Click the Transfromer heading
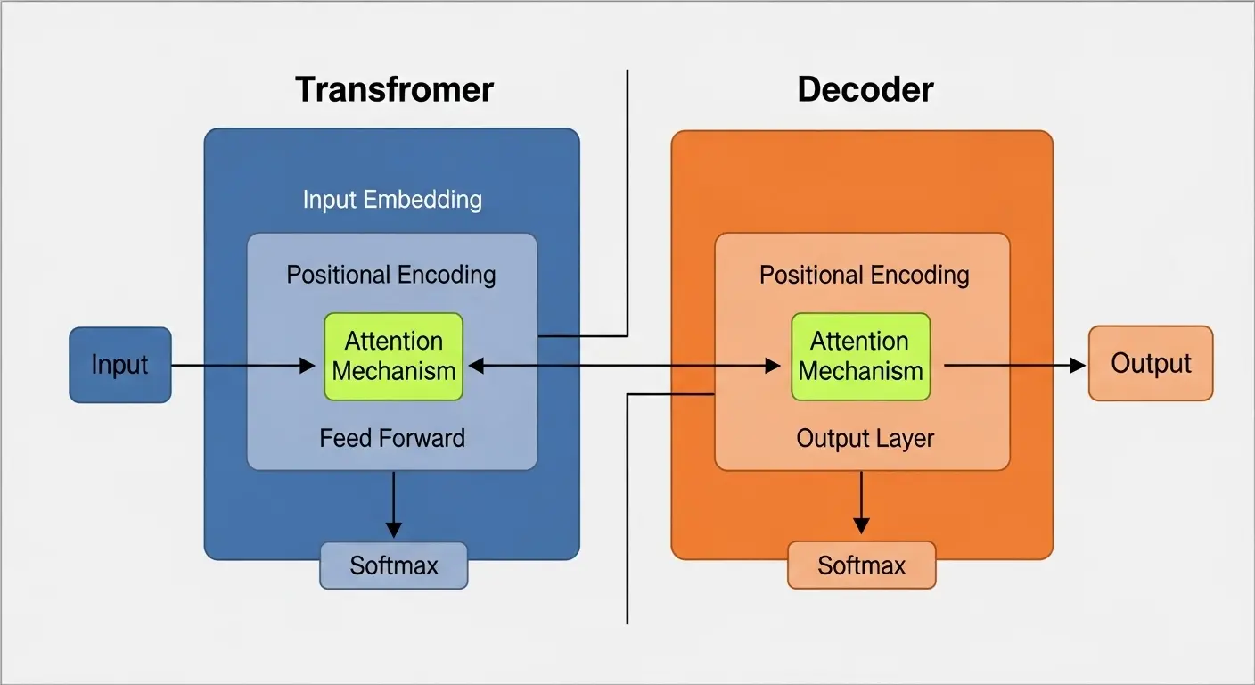[394, 89]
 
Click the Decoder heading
[865, 89]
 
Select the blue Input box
[120, 365]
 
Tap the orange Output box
[1151, 363]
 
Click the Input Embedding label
[392, 199]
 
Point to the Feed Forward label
[392, 438]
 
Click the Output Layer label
[865, 439]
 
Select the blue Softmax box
[394, 565]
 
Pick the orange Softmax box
[862, 565]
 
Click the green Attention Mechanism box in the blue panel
[394, 356]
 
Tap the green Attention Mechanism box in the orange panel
[860, 356]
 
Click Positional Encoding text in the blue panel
[391, 274]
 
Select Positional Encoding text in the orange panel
[864, 274]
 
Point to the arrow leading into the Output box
[1016, 365]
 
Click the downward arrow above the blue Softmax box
[393, 504]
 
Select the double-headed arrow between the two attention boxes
[624, 365]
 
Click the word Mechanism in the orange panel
[860, 370]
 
